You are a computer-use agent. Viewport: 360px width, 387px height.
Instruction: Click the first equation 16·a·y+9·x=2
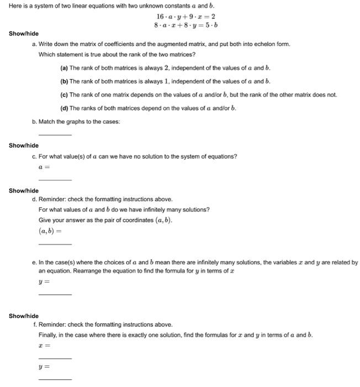(186, 17)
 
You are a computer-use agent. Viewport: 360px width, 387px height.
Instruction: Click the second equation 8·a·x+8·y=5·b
(186, 25)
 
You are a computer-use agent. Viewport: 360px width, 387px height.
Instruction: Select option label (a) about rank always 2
(64, 68)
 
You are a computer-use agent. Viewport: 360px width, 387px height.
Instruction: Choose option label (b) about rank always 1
(64, 81)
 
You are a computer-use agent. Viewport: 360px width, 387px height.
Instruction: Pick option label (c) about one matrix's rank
(64, 95)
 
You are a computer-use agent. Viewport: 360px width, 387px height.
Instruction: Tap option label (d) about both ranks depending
(64, 108)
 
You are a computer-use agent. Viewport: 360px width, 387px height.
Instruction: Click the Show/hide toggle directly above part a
(24, 34)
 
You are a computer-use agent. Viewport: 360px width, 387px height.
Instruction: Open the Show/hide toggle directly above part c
(24, 145)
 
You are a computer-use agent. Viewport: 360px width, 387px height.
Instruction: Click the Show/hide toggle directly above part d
(24, 191)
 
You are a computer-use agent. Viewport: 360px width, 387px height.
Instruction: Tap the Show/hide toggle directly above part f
(24, 316)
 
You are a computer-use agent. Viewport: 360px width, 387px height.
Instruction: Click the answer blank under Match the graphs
(55, 134)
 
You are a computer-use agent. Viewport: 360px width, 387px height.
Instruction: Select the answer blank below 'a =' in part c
(55, 179)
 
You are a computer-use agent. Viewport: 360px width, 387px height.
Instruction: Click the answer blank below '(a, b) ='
(55, 244)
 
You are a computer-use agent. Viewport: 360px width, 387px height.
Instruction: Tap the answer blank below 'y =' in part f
(55, 379)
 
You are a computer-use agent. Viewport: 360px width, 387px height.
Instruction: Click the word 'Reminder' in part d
(52, 199)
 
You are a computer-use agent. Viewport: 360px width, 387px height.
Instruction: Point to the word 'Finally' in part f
(48, 335)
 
